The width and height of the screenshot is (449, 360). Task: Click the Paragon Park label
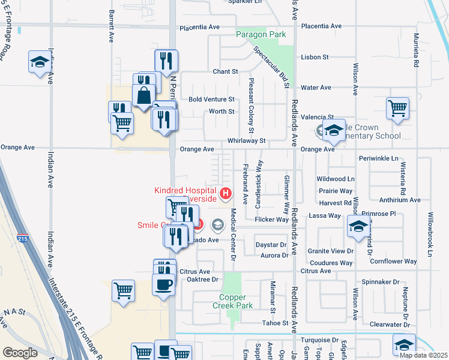click(x=261, y=35)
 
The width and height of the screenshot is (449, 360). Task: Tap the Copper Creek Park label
click(x=236, y=301)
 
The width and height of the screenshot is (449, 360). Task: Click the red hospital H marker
click(x=225, y=193)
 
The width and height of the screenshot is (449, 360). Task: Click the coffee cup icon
click(x=164, y=284)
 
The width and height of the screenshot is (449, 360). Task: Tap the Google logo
click(x=20, y=353)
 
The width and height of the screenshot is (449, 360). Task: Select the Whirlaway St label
click(x=246, y=140)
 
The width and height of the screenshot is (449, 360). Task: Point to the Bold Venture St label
click(x=211, y=99)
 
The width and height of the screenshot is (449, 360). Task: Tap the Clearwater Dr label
click(x=390, y=325)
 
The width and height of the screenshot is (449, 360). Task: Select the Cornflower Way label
click(x=393, y=262)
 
